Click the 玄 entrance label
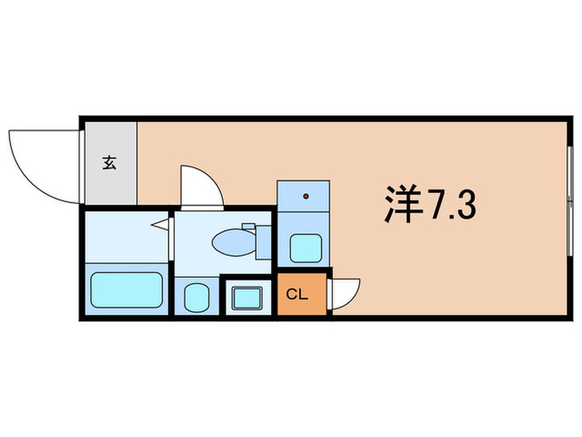pos(109,162)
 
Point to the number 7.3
pos(453,204)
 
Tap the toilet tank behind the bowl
pos(264,241)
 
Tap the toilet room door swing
pos(200,185)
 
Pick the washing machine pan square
pos(246,296)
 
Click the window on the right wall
pos(570,201)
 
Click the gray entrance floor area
pos(109,162)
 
